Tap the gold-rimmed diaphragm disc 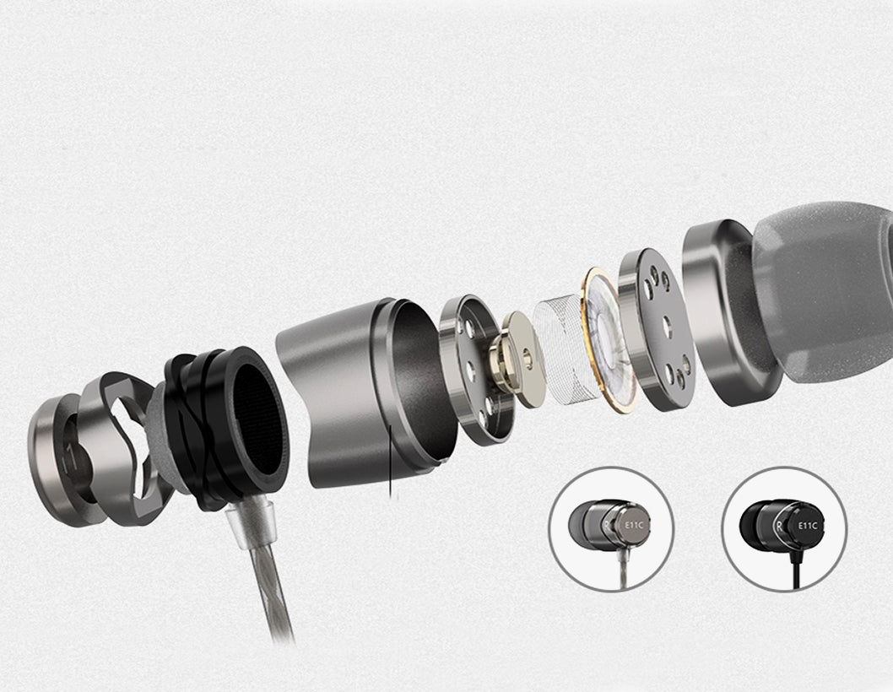point(609,338)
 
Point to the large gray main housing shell point(365,393)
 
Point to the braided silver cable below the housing point(271,592)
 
